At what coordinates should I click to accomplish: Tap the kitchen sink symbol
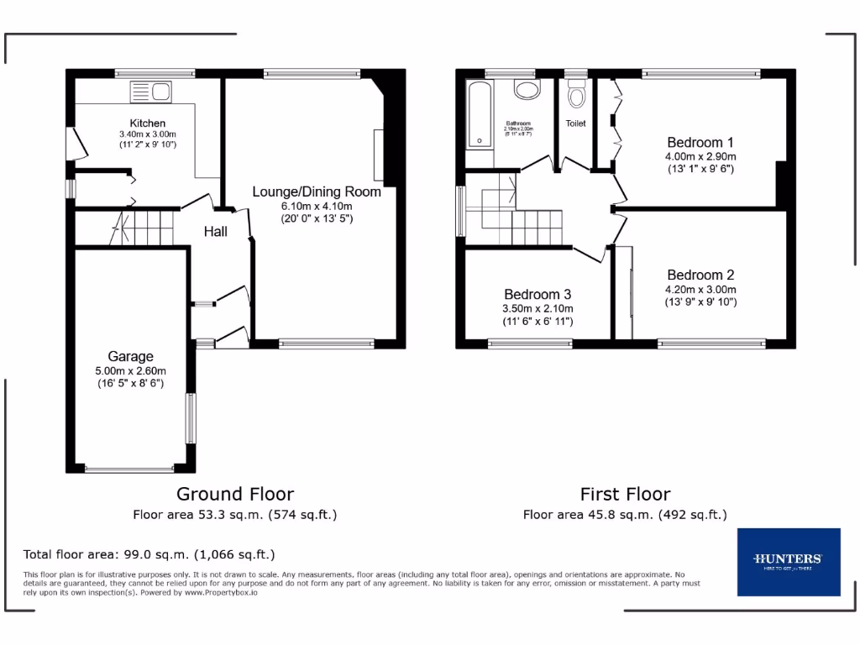pyautogui.click(x=150, y=91)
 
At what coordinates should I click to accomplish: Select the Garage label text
pyautogui.click(x=130, y=357)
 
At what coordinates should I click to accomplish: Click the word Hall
pyautogui.click(x=216, y=232)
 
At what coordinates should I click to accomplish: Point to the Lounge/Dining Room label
pyautogui.click(x=317, y=191)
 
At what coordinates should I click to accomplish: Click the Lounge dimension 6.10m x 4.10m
pyautogui.click(x=317, y=206)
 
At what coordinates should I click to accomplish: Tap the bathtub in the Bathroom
pyautogui.click(x=479, y=113)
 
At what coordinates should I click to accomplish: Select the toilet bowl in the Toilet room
pyautogui.click(x=576, y=97)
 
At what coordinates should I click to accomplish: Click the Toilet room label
pyautogui.click(x=575, y=123)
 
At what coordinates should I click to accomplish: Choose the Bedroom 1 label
pyautogui.click(x=700, y=142)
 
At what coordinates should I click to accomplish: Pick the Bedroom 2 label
pyautogui.click(x=700, y=275)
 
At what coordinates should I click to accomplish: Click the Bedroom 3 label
pyautogui.click(x=537, y=295)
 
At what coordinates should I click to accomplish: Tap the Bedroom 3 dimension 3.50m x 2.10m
pyautogui.click(x=537, y=309)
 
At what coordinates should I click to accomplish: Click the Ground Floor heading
pyautogui.click(x=235, y=494)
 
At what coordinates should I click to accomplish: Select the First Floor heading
pyautogui.click(x=625, y=494)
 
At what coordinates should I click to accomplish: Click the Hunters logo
pyautogui.click(x=788, y=561)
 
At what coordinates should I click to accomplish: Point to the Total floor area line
pyautogui.click(x=149, y=554)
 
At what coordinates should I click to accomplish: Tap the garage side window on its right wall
pyautogui.click(x=191, y=417)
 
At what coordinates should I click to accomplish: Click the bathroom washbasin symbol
pyautogui.click(x=527, y=91)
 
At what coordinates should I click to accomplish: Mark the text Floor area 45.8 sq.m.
pyautogui.click(x=588, y=515)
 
